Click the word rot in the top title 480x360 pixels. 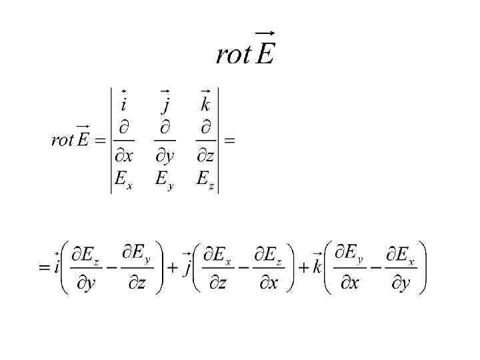(233, 55)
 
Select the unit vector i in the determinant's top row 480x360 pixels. (124, 103)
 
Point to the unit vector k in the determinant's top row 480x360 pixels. (205, 103)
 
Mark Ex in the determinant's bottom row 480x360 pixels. (123, 180)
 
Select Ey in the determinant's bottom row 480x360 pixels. (165, 181)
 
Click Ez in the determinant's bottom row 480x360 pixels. (205, 180)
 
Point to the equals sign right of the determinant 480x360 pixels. (229, 141)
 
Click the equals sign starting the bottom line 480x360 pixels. (44, 268)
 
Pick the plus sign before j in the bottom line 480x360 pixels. (172, 268)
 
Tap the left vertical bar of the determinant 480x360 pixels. (111, 141)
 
